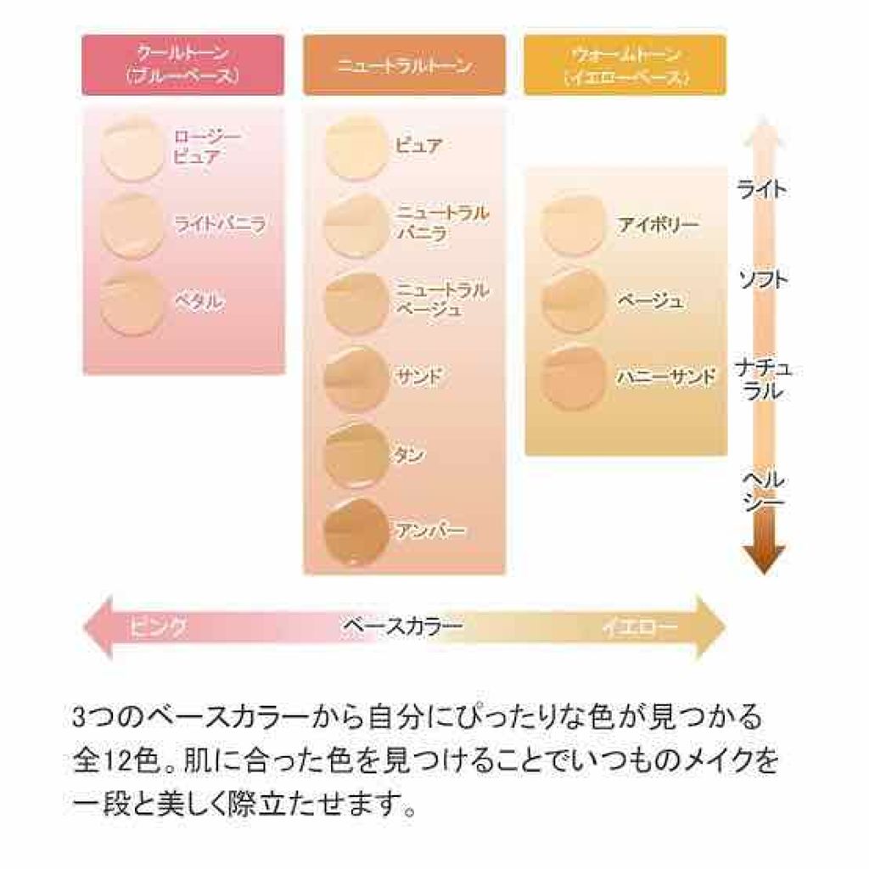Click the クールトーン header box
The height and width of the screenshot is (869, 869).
coord(182,64)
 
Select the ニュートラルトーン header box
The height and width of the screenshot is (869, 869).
coord(404,64)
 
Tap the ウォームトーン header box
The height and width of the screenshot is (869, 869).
coord(625,64)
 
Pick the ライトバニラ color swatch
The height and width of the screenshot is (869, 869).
coord(132,225)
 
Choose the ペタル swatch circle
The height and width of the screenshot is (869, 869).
coord(132,303)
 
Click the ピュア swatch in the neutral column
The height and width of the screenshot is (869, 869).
coord(357,147)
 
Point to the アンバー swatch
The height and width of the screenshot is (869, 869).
coord(357,531)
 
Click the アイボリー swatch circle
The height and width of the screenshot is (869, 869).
coord(575,226)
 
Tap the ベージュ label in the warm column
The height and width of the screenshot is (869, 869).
coord(651,301)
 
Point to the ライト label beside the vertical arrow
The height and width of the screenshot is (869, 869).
coord(762,189)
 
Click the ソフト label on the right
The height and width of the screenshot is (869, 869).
coord(762,279)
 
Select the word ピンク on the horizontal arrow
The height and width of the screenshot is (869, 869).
coord(157,628)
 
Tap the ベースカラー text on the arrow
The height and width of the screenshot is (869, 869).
coord(402,628)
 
